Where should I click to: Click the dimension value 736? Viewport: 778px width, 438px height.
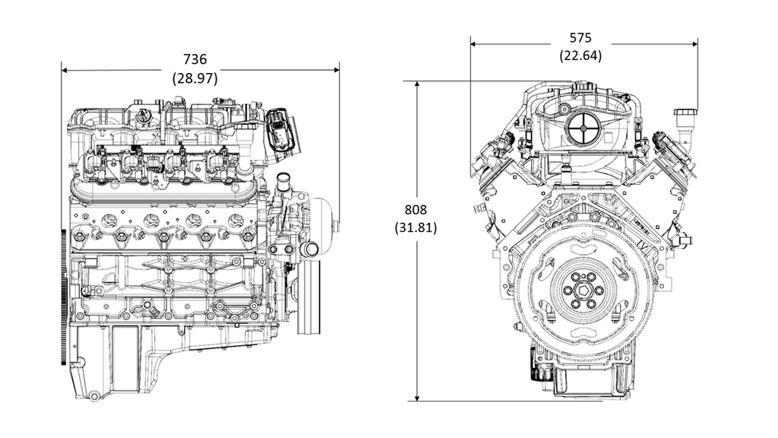click(x=195, y=59)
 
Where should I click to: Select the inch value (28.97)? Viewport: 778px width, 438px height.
click(x=195, y=78)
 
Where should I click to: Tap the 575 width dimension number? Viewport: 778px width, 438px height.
click(x=580, y=37)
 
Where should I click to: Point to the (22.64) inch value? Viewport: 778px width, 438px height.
click(x=580, y=56)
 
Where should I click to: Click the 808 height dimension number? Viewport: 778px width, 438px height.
click(x=416, y=210)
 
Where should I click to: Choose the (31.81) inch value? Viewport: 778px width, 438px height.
click(x=416, y=227)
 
